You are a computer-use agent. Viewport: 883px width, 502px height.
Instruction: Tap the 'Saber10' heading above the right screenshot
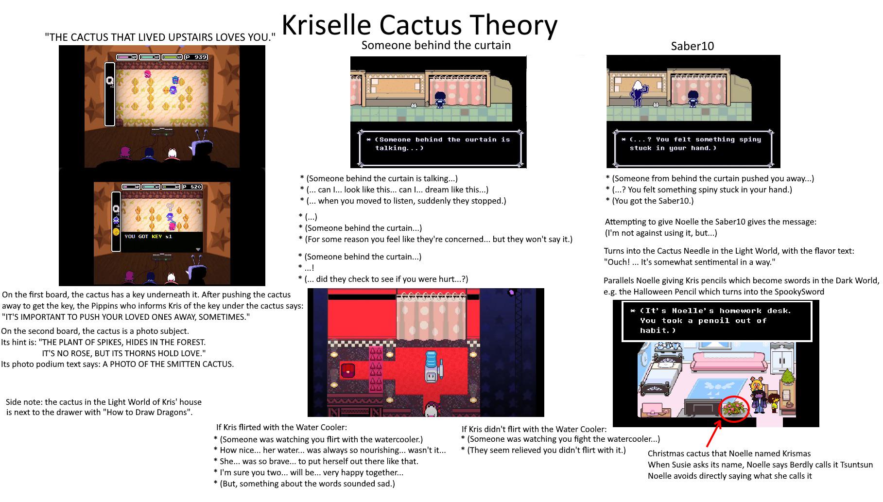click(x=692, y=46)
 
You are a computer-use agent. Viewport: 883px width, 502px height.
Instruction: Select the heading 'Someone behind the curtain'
click(x=436, y=46)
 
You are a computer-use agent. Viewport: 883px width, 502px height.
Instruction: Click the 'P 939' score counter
click(x=196, y=57)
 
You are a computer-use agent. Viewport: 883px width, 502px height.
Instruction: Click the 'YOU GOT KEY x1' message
click(x=148, y=236)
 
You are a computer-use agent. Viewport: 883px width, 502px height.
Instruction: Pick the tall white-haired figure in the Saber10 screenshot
click(x=637, y=92)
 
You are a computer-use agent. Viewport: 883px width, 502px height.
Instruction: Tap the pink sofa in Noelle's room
click(x=729, y=362)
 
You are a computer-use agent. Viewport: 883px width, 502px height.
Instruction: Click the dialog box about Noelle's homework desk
click(x=717, y=321)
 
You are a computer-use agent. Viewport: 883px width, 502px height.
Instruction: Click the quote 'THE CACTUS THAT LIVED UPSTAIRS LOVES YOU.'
click(x=160, y=37)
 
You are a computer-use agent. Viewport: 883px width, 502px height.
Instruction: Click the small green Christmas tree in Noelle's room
click(x=787, y=377)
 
